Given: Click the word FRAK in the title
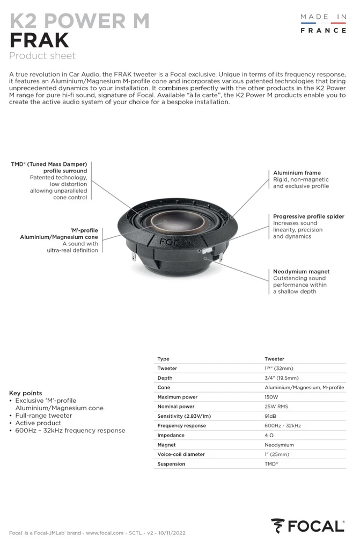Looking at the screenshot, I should click(x=39, y=40).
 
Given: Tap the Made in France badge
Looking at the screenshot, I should click(x=323, y=24).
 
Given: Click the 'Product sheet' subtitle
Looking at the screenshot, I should click(x=42, y=56).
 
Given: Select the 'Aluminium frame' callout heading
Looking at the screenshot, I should click(x=297, y=173).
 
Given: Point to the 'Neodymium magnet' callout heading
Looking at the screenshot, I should click(x=301, y=272).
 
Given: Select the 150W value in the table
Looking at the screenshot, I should click(x=271, y=397).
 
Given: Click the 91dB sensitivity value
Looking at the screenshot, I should click(x=271, y=416).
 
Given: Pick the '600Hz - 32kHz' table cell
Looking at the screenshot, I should click(x=282, y=426).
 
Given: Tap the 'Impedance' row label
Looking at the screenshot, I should click(x=171, y=436).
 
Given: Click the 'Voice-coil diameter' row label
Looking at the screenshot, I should click(x=181, y=454).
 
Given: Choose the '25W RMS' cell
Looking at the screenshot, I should click(x=276, y=407).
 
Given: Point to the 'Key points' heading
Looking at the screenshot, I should click(x=26, y=393).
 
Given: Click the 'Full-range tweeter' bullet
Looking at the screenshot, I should click(x=43, y=416).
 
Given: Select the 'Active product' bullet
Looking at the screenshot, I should click(x=38, y=423).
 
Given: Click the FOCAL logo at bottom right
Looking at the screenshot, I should click(x=307, y=526).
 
